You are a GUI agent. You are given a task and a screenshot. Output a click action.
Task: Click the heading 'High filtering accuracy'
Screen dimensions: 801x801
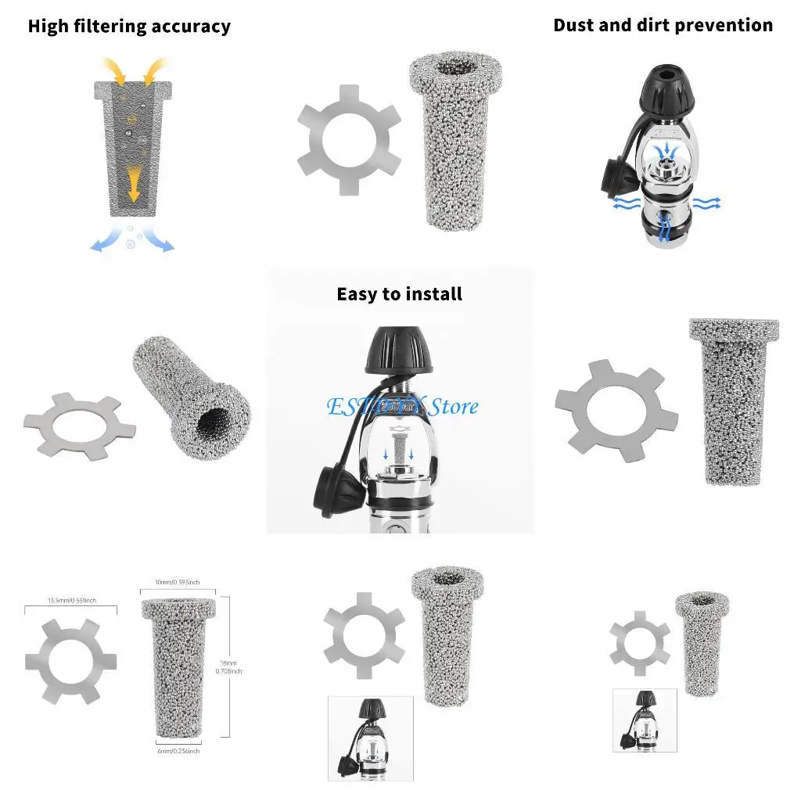129,27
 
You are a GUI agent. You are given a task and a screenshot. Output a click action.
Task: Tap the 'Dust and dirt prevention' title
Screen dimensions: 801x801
663,25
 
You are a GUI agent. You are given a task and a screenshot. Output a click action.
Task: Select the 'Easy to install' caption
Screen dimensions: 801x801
399,294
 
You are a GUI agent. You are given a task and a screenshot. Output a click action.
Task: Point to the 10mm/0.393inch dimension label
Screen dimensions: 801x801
178,582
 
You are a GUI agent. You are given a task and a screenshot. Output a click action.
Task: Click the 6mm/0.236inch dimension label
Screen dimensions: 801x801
178,751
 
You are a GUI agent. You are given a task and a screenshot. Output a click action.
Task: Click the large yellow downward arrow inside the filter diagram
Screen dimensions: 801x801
134,184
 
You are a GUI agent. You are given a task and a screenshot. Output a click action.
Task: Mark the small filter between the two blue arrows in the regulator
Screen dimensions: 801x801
400,451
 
